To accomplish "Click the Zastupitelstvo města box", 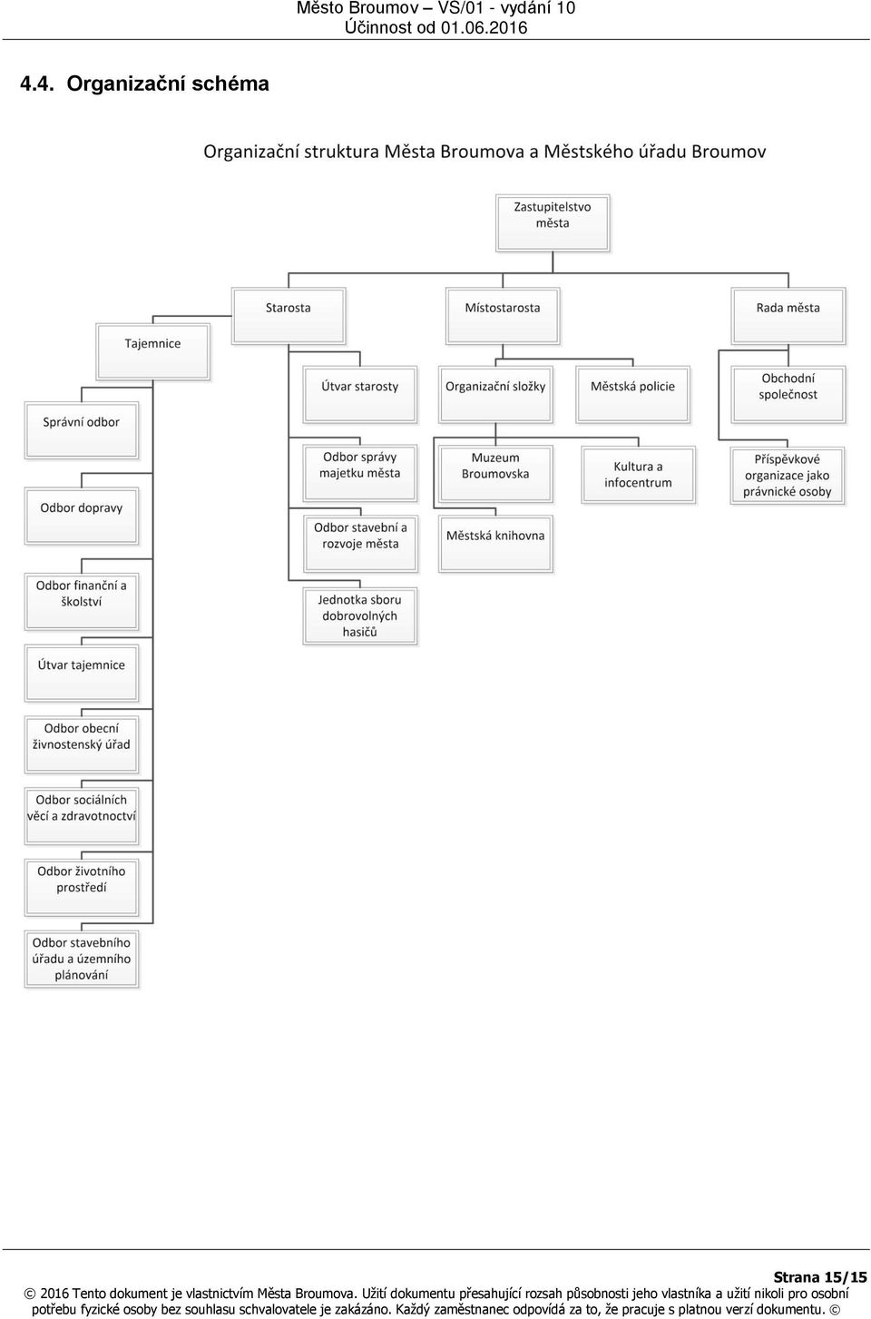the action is (x=553, y=223).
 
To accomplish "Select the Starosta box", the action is (x=289, y=316).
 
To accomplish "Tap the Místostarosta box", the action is (x=503, y=316).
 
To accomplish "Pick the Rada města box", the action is (x=788, y=316).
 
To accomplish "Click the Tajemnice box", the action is (x=153, y=351).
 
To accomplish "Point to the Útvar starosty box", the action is (x=360, y=395).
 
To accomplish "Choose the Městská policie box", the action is (x=632, y=395).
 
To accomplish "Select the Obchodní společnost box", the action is (x=788, y=395).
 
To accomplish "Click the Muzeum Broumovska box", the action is (x=495, y=474).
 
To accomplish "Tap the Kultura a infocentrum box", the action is (x=639, y=475).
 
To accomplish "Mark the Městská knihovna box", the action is (x=495, y=544).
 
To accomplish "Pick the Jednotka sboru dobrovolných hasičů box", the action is (x=360, y=615).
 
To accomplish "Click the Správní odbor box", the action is (x=82, y=430).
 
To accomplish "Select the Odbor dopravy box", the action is (x=82, y=516).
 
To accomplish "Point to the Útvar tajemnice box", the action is (x=82, y=673).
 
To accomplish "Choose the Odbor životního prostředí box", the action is (x=82, y=888).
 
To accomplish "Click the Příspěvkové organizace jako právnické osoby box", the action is (x=788, y=476).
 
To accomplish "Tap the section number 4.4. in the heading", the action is (x=37, y=84).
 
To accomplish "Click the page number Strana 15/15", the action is (x=820, y=1276).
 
